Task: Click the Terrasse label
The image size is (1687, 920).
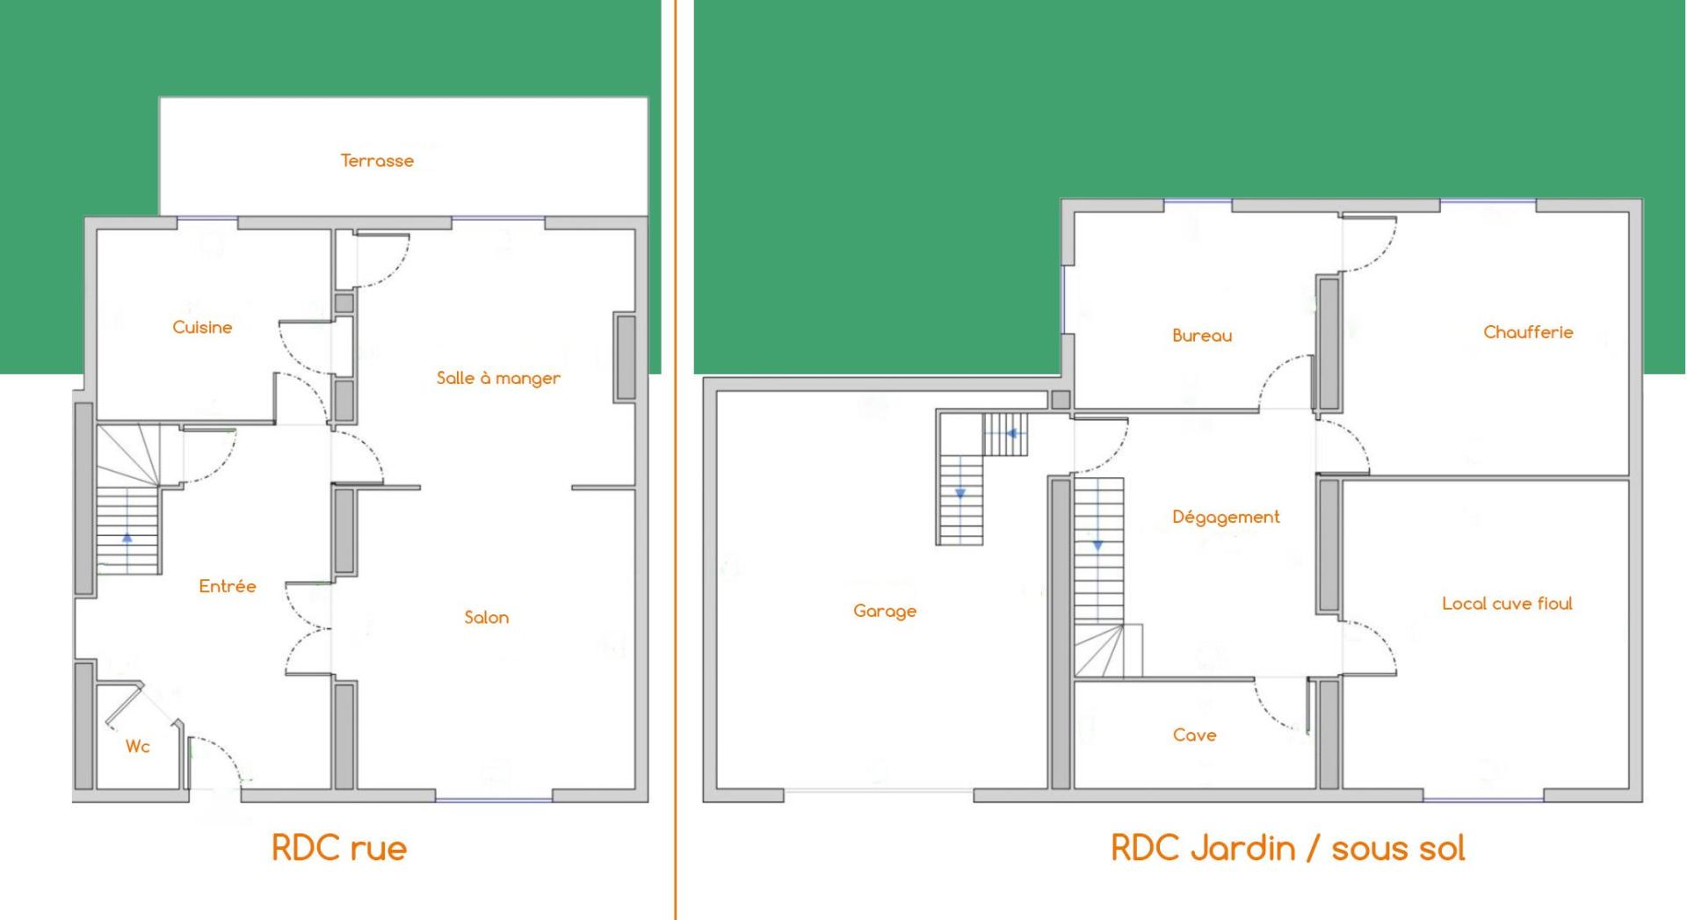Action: [x=377, y=161]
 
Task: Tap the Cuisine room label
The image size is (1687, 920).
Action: [x=202, y=327]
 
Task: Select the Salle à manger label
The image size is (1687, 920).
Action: [x=498, y=378]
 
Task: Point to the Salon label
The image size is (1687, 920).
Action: [x=486, y=617]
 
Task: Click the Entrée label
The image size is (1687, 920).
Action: [x=227, y=586]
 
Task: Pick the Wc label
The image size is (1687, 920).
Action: [x=137, y=746]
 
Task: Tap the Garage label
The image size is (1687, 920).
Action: [x=885, y=611]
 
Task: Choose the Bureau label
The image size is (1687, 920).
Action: [x=1202, y=335]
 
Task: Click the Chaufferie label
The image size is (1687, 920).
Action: [x=1528, y=332]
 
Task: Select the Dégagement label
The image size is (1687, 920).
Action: [x=1226, y=517]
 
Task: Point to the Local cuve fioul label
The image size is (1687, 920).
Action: [x=1507, y=603]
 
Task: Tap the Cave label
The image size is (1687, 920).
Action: [x=1194, y=735]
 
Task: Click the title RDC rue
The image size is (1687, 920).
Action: [x=339, y=848]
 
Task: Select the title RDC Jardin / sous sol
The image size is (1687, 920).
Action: [x=1288, y=848]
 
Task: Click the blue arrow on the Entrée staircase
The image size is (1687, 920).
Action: [x=127, y=537]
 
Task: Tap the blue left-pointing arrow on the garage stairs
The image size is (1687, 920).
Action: [x=1011, y=433]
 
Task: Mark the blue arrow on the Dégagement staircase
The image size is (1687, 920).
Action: [x=1097, y=546]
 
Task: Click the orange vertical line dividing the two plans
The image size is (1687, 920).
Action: [x=676, y=460]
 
